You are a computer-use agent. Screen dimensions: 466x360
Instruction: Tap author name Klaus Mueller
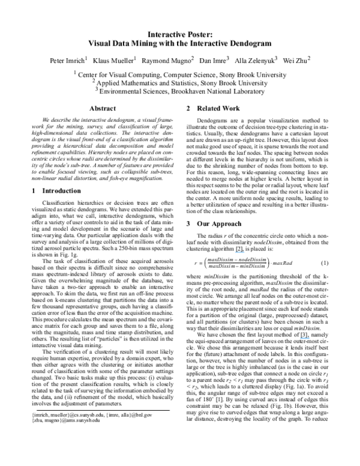[116, 60]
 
